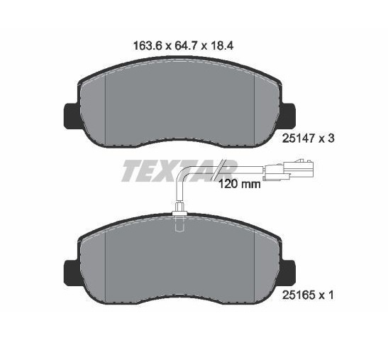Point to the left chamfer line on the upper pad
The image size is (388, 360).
(105, 107)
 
